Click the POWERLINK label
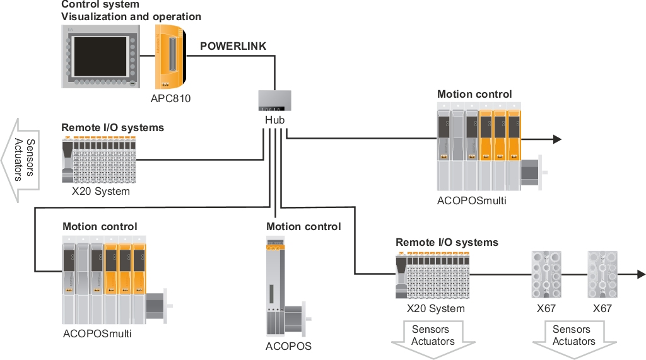[233, 46]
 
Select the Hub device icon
[275, 101]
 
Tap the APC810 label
[170, 98]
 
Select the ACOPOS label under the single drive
[288, 346]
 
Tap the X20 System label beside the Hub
[101, 191]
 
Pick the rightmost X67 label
[602, 308]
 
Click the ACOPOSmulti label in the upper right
[471, 201]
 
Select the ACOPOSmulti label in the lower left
[97, 334]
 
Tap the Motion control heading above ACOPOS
[303, 226]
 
